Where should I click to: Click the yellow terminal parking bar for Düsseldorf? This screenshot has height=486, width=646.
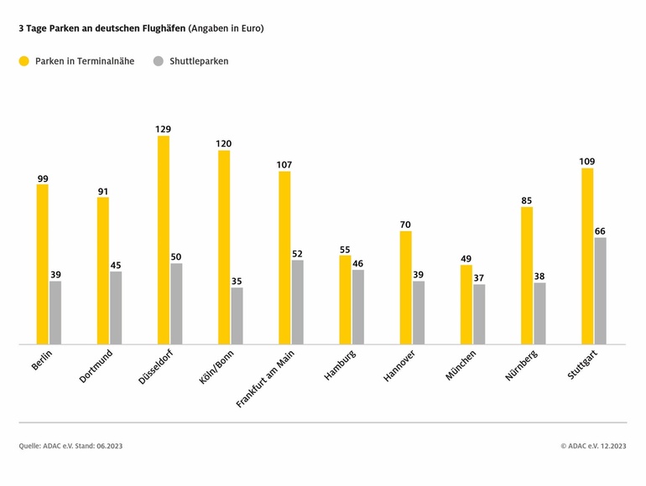pyautogui.click(x=164, y=240)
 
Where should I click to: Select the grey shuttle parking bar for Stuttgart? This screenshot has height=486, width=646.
pyautogui.click(x=600, y=291)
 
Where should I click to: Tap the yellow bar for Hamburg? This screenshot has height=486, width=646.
pyautogui.click(x=345, y=300)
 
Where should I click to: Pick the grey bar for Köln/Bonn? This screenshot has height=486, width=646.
pyautogui.click(x=237, y=316)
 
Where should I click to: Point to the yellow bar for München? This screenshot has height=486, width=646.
pyautogui.click(x=466, y=304)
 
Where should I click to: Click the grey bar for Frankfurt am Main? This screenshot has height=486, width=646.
pyautogui.click(x=298, y=302)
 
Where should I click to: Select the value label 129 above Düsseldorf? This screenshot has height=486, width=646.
pyautogui.click(x=164, y=129)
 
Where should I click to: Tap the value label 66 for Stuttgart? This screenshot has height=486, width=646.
pyautogui.click(x=600, y=231)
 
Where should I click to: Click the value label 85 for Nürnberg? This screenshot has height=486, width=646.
pyautogui.click(x=526, y=201)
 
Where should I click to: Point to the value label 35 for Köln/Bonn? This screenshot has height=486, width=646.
pyautogui.click(x=237, y=282)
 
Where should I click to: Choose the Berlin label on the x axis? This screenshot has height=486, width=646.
pyautogui.click(x=41, y=362)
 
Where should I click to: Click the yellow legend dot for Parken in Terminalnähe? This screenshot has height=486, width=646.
pyautogui.click(x=23, y=61)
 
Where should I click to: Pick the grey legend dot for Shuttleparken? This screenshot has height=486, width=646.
pyautogui.click(x=158, y=61)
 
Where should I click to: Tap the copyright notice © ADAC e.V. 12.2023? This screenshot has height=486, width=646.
pyautogui.click(x=593, y=446)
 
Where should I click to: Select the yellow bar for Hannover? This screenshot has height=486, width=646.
pyautogui.click(x=405, y=287)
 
